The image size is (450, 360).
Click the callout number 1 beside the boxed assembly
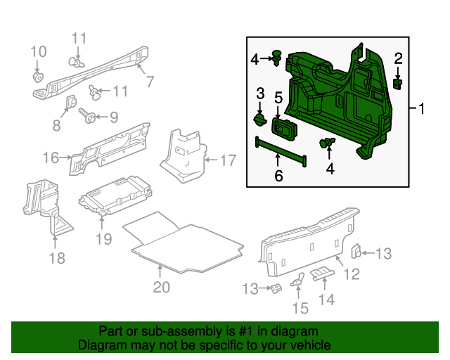pyautogui.click(x=422, y=109)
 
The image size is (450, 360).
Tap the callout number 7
pyautogui.click(x=149, y=82)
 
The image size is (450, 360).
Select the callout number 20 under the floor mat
pyautogui.click(x=162, y=286)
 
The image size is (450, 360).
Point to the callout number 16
pyautogui.click(x=50, y=157)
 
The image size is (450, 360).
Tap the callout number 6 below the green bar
pyautogui.click(x=278, y=176)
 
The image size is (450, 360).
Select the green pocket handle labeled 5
pyautogui.click(x=285, y=127)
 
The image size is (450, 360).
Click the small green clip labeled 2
pyautogui.click(x=397, y=84)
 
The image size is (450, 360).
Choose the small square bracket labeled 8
pyautogui.click(x=71, y=103)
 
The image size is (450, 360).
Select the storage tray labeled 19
pyautogui.click(x=116, y=195)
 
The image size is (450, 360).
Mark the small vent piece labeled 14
pyautogui.click(x=321, y=274)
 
